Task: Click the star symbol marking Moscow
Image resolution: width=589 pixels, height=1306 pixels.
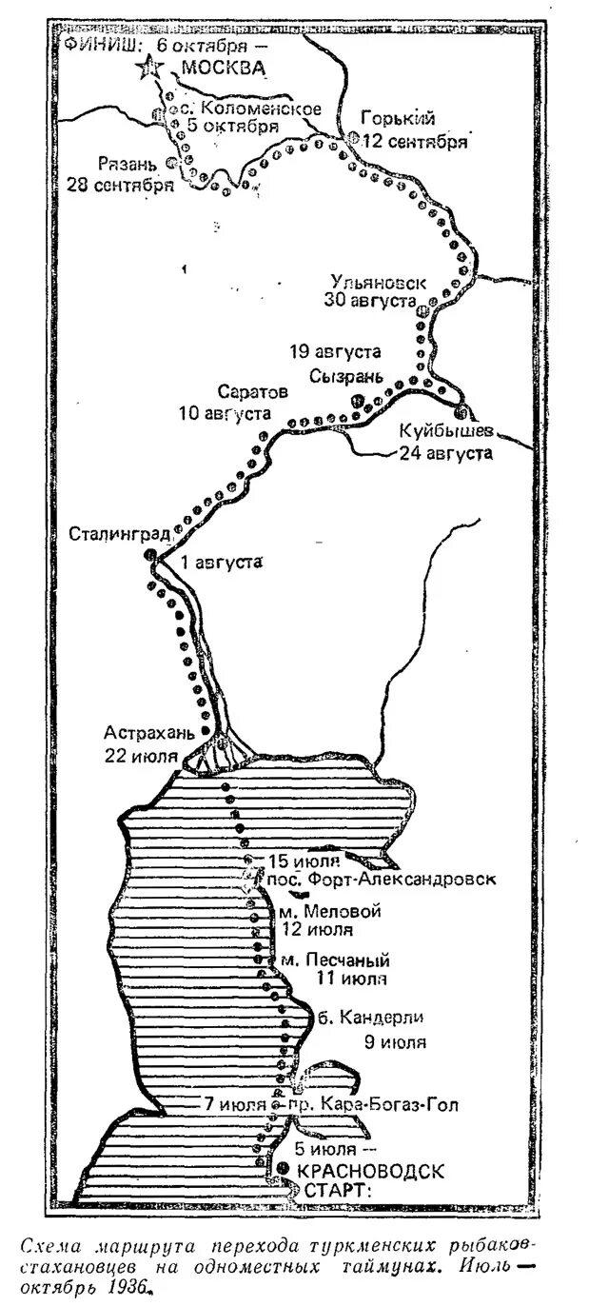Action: coord(150,69)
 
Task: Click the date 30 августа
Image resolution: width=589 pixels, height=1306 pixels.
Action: coord(370,301)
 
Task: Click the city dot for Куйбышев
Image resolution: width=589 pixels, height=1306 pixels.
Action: coord(461,413)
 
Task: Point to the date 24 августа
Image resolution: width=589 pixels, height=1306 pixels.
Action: coord(446,453)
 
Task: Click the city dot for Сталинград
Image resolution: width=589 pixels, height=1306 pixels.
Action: coord(149,555)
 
